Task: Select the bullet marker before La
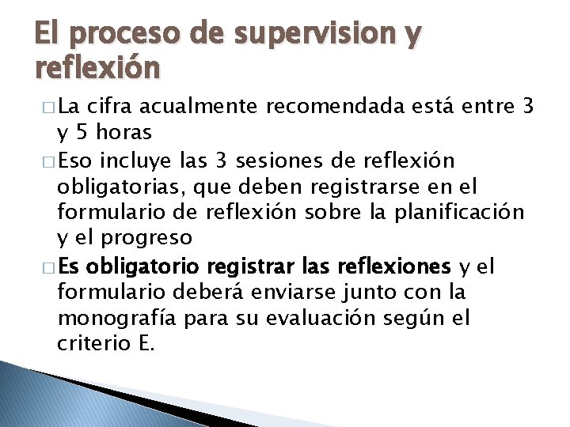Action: (x=40, y=106)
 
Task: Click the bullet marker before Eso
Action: (x=40, y=162)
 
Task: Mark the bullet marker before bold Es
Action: (x=40, y=266)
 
